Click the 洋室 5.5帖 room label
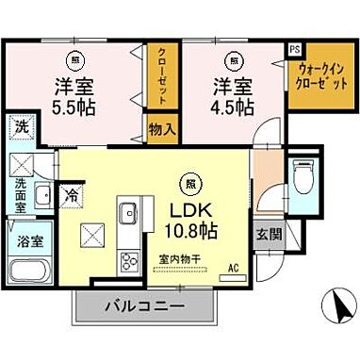pyautogui.click(x=71, y=95)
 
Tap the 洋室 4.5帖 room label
pyautogui.click(x=231, y=95)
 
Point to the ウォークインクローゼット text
pyautogui.click(x=316, y=74)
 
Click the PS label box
pyautogui.click(x=295, y=49)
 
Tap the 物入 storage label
pyautogui.click(x=161, y=127)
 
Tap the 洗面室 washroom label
pyautogui.click(x=20, y=194)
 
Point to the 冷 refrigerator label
pyautogui.click(x=71, y=196)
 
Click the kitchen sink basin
pyautogui.click(x=125, y=212)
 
